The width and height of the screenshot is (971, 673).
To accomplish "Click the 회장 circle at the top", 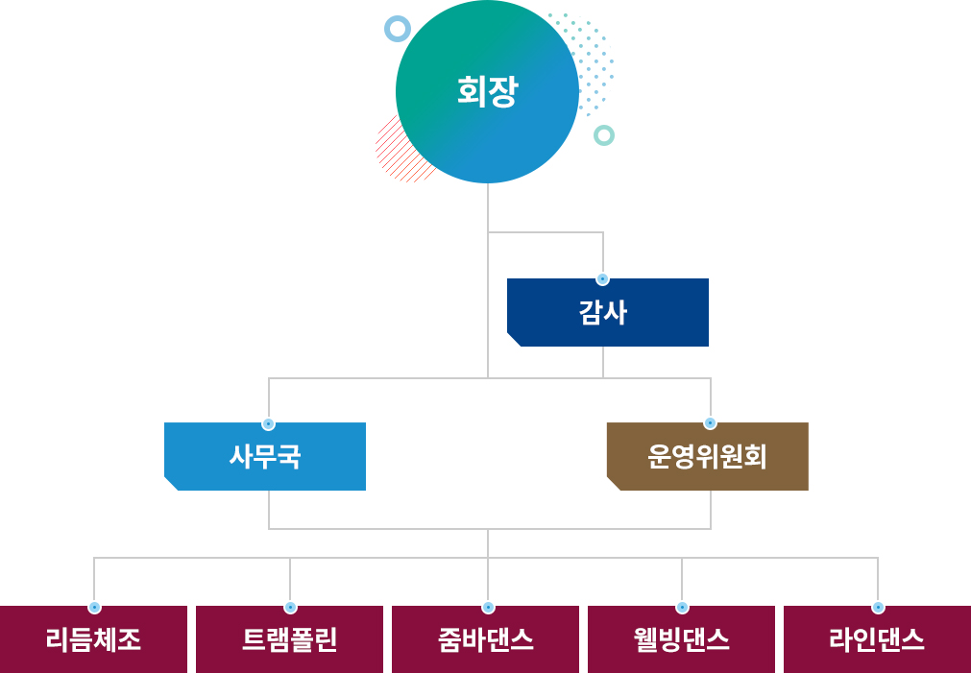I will (487, 92).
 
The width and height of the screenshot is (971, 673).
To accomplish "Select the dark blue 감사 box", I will (607, 312).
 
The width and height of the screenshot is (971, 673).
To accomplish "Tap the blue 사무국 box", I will (265, 456).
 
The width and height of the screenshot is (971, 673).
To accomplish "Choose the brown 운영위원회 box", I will (707, 456).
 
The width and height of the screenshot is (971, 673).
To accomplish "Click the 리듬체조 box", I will (93, 639).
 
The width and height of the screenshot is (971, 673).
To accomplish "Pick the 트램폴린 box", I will (289, 639).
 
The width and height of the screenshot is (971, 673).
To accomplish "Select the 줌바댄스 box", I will (485, 639).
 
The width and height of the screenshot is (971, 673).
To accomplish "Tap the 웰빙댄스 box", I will (681, 639).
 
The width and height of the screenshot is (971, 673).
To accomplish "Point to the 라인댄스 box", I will (877, 639).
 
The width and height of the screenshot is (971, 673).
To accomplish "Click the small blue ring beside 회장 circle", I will (398, 29).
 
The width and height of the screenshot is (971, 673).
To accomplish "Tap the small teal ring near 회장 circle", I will (603, 135).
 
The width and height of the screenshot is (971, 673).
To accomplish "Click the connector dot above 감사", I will (602, 279).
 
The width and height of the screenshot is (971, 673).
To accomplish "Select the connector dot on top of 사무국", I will (269, 423).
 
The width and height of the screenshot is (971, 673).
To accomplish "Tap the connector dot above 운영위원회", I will (710, 422).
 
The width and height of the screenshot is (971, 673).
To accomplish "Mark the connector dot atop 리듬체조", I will (94, 607).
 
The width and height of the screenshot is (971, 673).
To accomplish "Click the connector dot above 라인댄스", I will (877, 607).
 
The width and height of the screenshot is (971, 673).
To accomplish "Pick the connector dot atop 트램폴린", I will (290, 607).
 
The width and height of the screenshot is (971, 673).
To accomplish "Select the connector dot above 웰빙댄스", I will (682, 607).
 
